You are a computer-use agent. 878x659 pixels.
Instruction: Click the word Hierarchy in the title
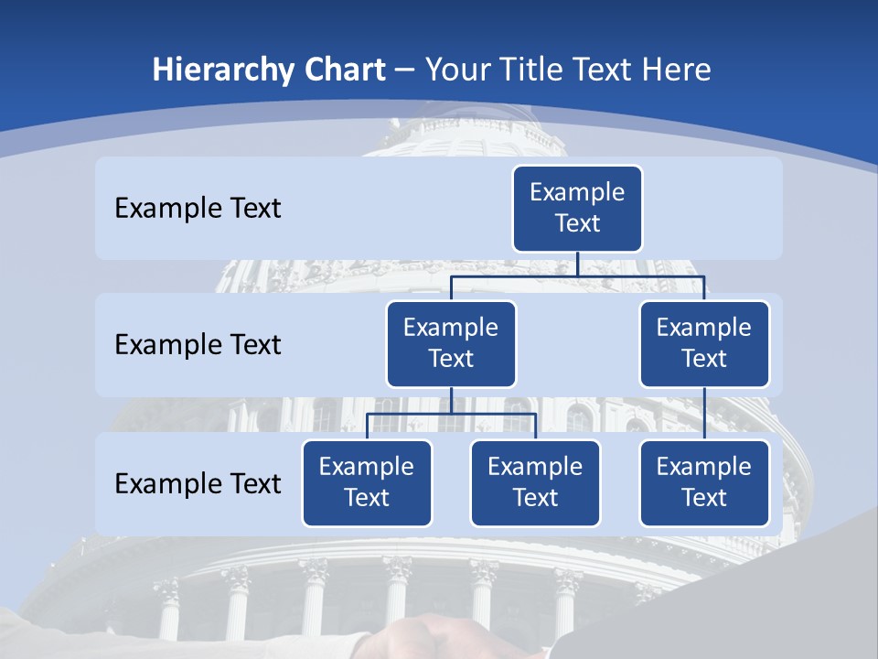click(x=222, y=70)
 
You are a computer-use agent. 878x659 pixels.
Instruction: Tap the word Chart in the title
click(x=342, y=70)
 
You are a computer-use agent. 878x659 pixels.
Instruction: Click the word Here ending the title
click(x=678, y=70)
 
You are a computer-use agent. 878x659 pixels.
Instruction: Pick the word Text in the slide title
click(x=607, y=70)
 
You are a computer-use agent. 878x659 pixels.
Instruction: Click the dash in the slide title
click(x=405, y=70)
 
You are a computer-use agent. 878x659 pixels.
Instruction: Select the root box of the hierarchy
click(x=577, y=208)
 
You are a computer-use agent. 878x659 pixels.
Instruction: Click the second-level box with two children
click(x=451, y=343)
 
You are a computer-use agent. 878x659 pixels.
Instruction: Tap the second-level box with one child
click(x=704, y=343)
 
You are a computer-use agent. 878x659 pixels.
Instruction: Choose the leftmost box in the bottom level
click(x=367, y=482)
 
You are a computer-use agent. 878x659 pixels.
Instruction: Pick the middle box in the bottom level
click(x=535, y=482)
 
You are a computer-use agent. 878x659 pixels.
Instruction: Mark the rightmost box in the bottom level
click(x=704, y=482)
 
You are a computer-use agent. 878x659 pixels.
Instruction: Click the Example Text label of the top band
click(x=198, y=208)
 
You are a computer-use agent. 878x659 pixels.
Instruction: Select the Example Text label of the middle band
click(x=198, y=344)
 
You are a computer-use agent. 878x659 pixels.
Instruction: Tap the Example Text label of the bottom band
click(x=198, y=483)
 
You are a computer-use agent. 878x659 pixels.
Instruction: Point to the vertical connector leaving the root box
click(x=577, y=264)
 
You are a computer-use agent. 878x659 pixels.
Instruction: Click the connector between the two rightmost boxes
click(x=704, y=414)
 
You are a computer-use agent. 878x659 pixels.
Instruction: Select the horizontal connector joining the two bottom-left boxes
click(x=451, y=414)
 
